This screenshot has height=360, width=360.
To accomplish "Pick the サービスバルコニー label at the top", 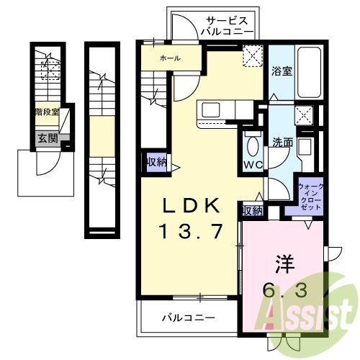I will [226, 27].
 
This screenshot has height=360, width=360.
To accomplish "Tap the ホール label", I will [170, 58].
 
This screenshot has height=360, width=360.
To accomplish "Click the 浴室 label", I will [282, 71].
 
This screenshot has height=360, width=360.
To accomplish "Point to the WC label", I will [253, 166].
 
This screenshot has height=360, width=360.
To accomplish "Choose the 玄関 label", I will [48, 138].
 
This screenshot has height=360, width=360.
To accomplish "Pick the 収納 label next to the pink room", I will [252, 210].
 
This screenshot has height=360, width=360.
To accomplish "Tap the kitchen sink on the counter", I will [212, 109].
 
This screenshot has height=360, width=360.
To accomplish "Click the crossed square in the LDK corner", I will [253, 55].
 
